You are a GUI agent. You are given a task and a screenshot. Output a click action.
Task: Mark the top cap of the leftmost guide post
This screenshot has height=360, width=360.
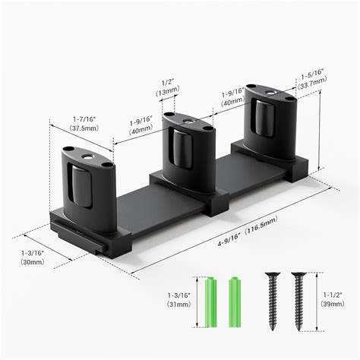[x=84, y=154]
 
